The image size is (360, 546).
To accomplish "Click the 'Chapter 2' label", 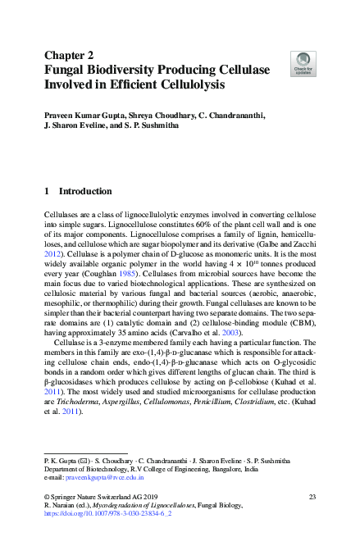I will (x=70, y=56).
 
